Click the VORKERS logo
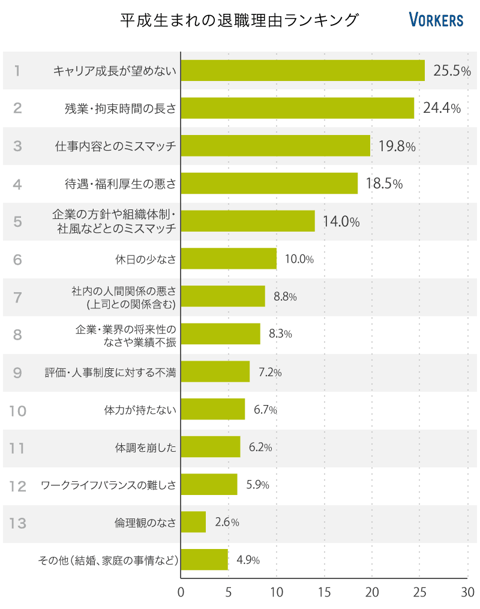point(436,20)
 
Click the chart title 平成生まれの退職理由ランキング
point(239,20)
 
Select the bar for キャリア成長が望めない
point(302,71)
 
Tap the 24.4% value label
point(442,108)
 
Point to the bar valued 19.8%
point(275,146)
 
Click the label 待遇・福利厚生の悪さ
point(120,184)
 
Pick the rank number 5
point(17,221)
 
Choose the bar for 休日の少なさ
point(229,259)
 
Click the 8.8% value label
point(285,296)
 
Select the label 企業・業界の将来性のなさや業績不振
point(126,335)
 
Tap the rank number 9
point(17,373)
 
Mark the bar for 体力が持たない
point(212,410)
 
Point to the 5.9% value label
point(257,485)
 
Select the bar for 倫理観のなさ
point(193,522)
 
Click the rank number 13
point(18,523)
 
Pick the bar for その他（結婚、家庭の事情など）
point(204,560)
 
